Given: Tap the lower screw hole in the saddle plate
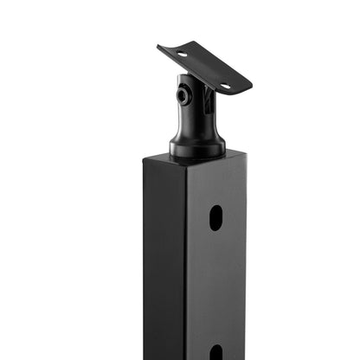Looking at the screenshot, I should coord(224,86).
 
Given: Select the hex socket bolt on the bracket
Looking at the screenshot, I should coord(183,95).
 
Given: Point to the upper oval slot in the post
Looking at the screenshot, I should coord(215,218).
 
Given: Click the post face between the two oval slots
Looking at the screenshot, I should coord(215,286).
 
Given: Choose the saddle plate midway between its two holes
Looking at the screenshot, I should coord(203,69).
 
